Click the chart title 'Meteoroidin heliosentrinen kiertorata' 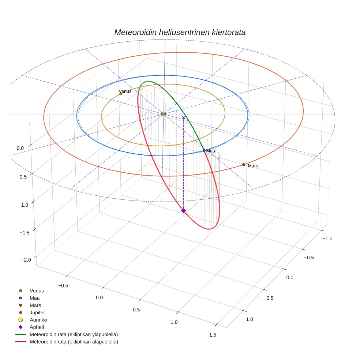point(180,32)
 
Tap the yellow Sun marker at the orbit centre point(164,114)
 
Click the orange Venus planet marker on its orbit point(121,94)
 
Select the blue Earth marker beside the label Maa point(204,150)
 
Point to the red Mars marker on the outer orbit point(244,165)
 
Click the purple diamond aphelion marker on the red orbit point(183,210)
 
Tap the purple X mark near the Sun point(183,117)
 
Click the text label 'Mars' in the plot point(253,166)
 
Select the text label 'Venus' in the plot point(125,91)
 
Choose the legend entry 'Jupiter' point(37,312)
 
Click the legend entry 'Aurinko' point(38,320)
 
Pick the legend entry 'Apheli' point(37,327)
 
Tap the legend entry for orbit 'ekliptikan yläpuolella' point(74,334)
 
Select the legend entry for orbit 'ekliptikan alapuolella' point(74,342)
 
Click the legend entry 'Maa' point(34,298)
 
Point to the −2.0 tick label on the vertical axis point(25,260)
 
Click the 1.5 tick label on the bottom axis point(212,335)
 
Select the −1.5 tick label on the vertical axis point(25,233)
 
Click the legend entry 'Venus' point(37,290)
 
